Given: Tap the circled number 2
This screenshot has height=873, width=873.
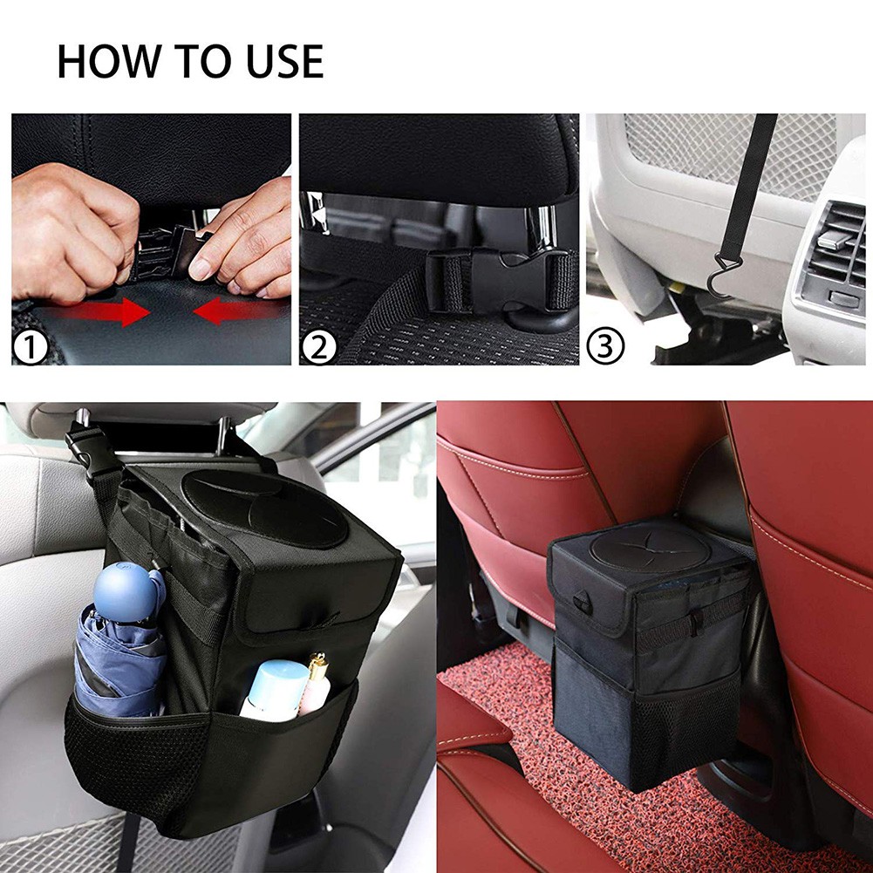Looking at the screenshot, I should (x=318, y=349).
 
